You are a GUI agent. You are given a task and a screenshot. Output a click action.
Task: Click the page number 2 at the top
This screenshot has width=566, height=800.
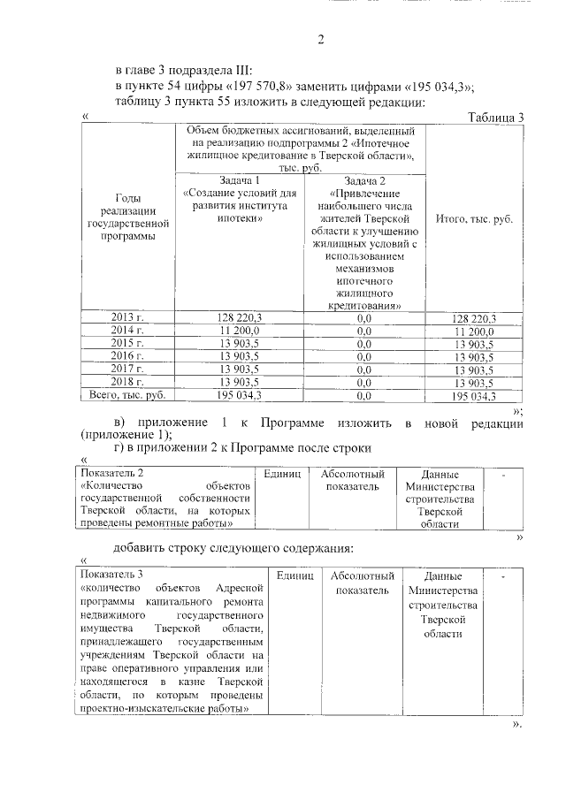tap(321, 39)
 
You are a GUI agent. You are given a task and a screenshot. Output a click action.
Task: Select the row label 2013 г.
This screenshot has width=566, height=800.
tap(127, 318)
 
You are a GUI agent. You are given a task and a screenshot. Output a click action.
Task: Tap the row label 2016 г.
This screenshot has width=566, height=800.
tap(127, 356)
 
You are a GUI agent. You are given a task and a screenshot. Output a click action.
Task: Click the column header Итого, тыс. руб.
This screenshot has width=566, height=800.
tap(475, 217)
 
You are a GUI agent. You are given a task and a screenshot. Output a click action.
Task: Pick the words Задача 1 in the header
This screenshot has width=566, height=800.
tap(239, 179)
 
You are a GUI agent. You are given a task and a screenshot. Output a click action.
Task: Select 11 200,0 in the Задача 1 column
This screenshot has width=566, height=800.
tap(239, 331)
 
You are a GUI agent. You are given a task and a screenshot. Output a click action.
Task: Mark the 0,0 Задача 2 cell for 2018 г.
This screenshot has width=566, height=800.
tap(364, 383)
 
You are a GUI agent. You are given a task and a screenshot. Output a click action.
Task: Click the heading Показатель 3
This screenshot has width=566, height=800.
tap(111, 575)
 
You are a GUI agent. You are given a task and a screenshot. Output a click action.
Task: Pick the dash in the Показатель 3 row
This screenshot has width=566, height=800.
tap(503, 576)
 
